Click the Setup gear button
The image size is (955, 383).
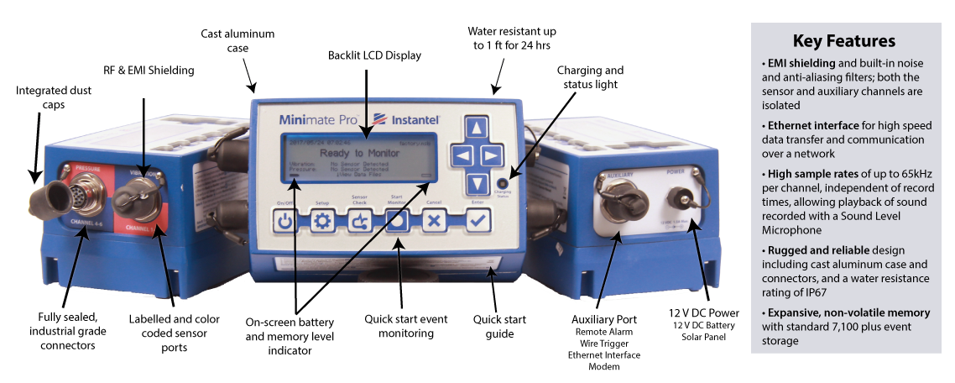[x=323, y=220]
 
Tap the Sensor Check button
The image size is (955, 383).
[x=360, y=220]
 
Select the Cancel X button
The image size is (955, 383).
[x=434, y=220]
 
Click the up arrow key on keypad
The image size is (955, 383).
[x=477, y=129]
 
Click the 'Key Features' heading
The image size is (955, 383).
[x=843, y=41]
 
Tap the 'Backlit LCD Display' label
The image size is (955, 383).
[x=374, y=55]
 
